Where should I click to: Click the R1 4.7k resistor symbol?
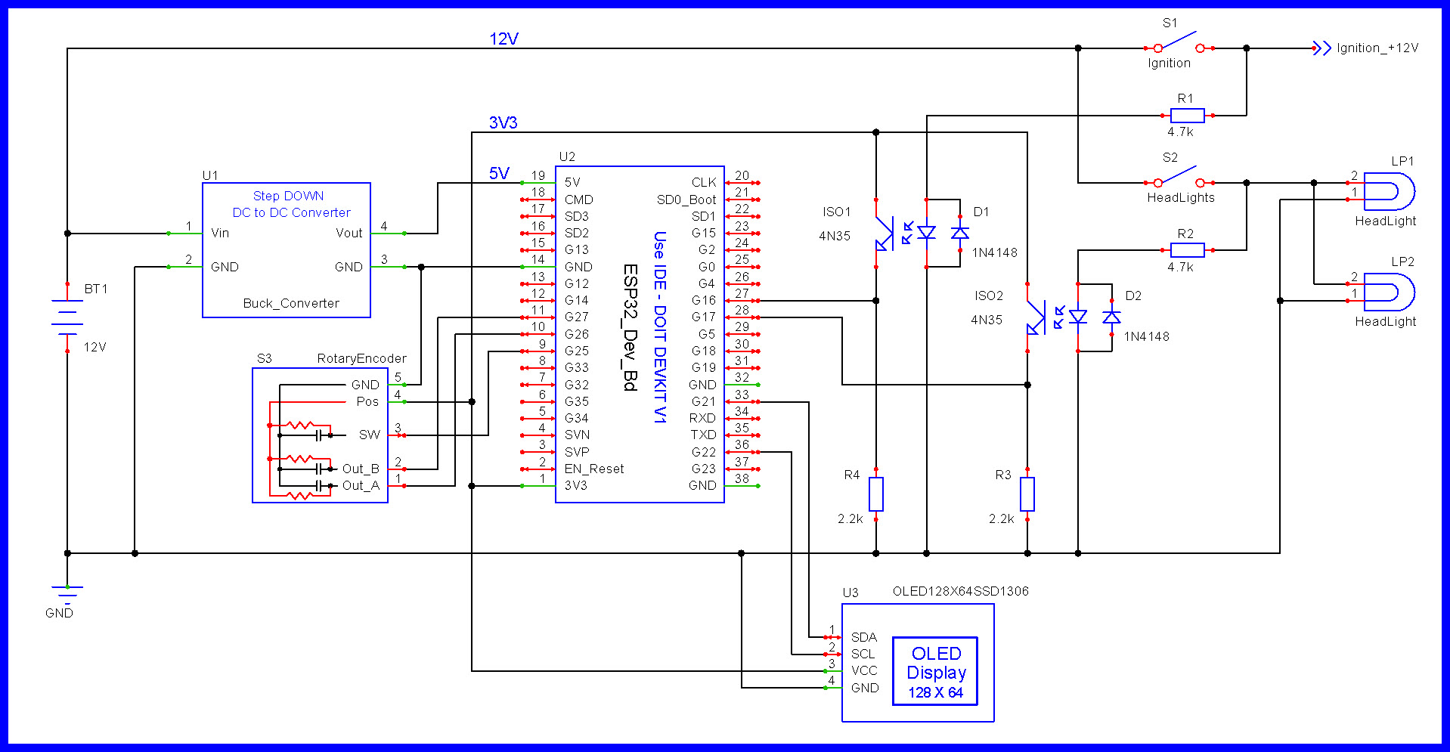(1187, 116)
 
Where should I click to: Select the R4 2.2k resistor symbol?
(875, 494)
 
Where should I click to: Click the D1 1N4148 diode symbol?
(960, 233)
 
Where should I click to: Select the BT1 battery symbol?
(67, 317)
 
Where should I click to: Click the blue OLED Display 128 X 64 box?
(935, 672)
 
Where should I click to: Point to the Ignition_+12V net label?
(1377, 48)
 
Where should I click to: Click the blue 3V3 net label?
(503, 122)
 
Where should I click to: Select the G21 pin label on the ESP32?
(702, 401)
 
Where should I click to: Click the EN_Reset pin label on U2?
(593, 469)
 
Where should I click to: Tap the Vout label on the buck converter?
(349, 233)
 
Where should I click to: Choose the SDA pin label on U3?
(863, 637)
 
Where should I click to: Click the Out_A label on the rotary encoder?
(361, 485)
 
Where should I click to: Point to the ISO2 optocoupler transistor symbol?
(1033, 318)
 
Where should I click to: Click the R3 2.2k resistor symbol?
(1027, 494)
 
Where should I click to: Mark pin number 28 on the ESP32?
(742, 310)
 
